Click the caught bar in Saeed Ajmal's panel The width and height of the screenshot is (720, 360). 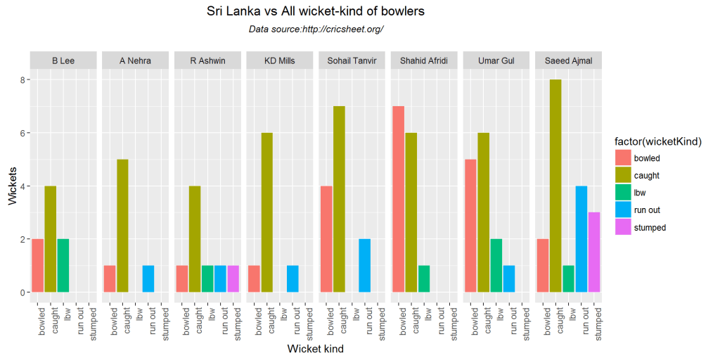555,186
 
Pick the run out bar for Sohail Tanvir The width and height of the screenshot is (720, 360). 365,265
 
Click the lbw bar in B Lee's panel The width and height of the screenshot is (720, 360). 63,265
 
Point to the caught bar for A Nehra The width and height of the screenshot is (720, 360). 122,226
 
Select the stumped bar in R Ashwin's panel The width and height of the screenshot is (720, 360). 233,278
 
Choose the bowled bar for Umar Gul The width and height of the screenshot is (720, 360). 470,226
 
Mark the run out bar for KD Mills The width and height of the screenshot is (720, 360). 292,278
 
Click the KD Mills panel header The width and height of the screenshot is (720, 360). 280,61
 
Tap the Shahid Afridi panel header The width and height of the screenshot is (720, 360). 424,61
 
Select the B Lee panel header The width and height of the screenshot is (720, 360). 63,61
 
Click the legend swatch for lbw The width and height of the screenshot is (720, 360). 622,193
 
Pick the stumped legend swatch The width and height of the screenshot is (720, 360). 622,227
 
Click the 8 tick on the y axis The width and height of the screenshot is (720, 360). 22,80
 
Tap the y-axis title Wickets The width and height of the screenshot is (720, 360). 13,186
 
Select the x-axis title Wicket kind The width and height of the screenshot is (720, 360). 316,348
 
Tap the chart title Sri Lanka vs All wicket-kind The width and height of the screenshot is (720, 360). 316,12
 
